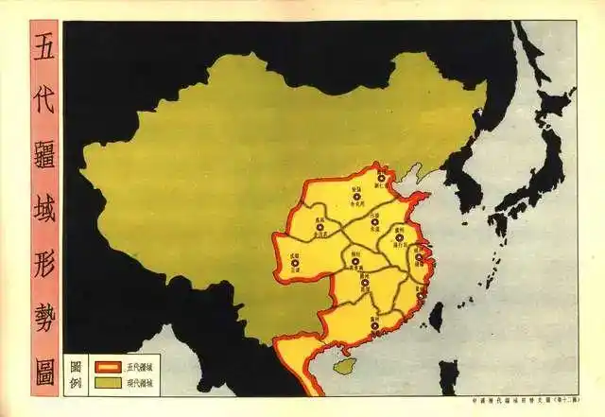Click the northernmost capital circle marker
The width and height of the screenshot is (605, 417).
(x=382, y=178)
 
